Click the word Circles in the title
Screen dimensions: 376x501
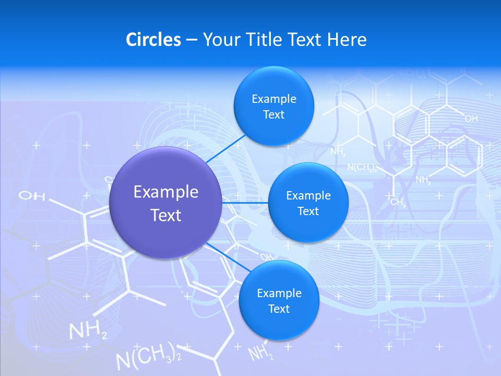tap(153, 40)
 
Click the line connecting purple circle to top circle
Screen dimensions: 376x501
tap(225, 148)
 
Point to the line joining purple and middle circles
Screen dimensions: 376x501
tap(245, 202)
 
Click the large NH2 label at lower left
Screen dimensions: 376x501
tap(88, 331)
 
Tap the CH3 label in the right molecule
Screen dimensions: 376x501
tap(398, 202)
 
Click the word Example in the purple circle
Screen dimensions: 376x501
tap(166, 192)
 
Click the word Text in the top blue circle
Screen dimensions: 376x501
tap(273, 115)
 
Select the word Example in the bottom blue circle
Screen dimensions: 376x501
tap(279, 293)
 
